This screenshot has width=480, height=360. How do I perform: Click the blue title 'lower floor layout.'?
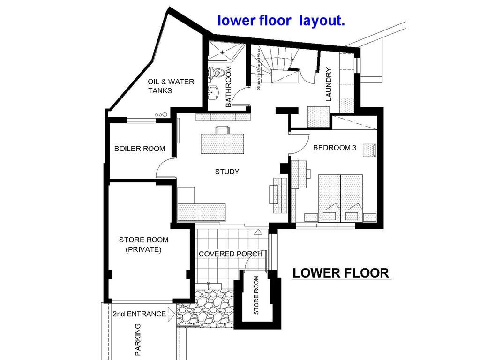click(281, 21)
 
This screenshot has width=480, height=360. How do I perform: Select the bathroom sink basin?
click(213, 92)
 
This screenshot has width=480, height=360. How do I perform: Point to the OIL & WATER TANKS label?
click(171, 86)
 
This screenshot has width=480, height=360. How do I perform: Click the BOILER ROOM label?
click(140, 149)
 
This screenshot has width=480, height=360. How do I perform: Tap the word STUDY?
click(227, 172)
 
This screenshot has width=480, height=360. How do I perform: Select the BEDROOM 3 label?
click(335, 148)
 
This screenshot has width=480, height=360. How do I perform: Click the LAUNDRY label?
click(329, 84)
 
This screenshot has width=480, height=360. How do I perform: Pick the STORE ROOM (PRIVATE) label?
click(143, 244)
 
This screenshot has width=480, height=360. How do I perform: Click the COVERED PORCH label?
click(231, 254)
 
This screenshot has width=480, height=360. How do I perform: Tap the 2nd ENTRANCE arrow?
click(171, 314)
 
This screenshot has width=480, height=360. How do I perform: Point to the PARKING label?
click(138, 339)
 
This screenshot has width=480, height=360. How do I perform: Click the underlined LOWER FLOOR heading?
click(341, 273)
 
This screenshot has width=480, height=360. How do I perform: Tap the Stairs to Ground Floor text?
click(259, 69)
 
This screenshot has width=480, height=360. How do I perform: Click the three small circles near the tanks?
click(161, 115)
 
